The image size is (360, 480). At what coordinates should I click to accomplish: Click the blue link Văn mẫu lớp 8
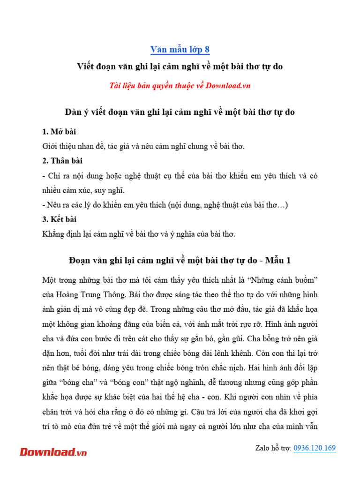(180, 49)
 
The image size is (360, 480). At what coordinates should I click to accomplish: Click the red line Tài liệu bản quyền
(180, 85)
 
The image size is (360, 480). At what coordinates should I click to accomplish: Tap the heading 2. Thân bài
(62, 161)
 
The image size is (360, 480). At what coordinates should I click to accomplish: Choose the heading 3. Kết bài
(60, 219)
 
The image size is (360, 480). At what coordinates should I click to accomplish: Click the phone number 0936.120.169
(315, 448)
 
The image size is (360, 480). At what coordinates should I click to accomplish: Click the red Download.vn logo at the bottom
(53, 452)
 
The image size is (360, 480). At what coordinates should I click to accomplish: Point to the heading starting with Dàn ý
(180, 112)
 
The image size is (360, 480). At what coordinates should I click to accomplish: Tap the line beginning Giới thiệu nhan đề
(143, 146)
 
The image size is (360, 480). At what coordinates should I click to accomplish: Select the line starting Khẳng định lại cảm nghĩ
(138, 233)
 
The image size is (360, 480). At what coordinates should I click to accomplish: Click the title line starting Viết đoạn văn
(180, 67)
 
